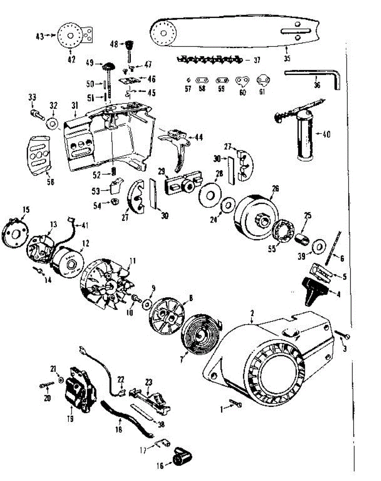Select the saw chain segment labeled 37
pos(209,60)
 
